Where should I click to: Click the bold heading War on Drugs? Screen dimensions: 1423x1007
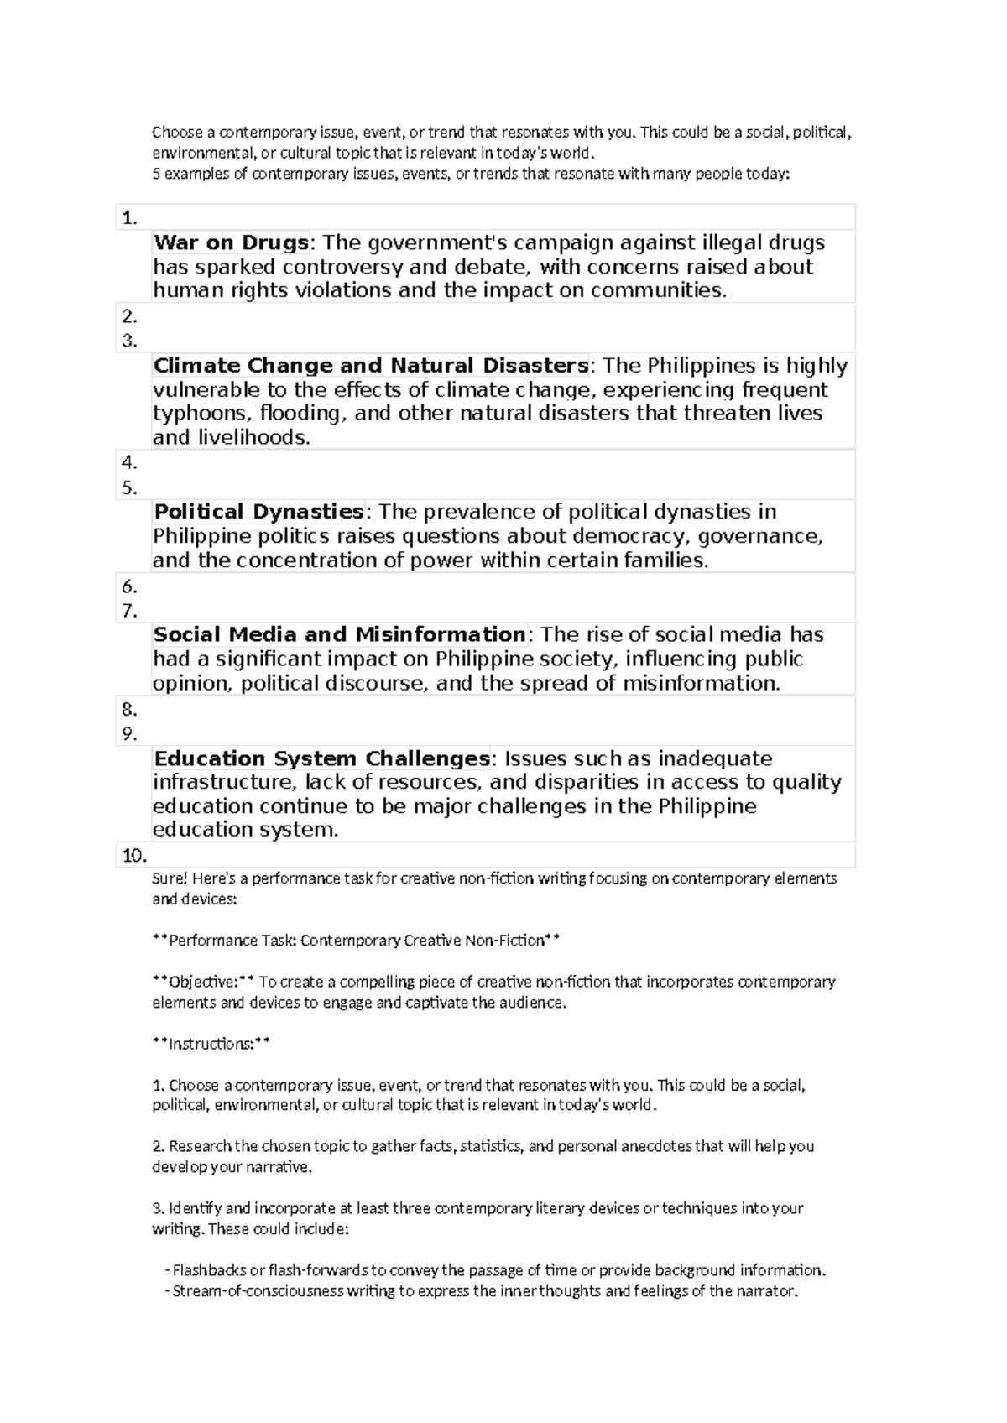click(x=231, y=243)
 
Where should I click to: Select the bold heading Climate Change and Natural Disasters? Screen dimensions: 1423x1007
click(x=370, y=366)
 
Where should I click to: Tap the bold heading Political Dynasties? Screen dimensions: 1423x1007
click(x=258, y=512)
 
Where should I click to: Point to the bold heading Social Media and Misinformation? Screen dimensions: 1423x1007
click(x=339, y=634)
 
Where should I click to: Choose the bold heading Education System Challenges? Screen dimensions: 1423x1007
click(x=321, y=758)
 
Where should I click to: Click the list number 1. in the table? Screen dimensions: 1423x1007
click(x=129, y=219)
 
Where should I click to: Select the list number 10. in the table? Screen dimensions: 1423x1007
click(x=134, y=857)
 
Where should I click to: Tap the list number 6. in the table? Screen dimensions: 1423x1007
click(x=129, y=587)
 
